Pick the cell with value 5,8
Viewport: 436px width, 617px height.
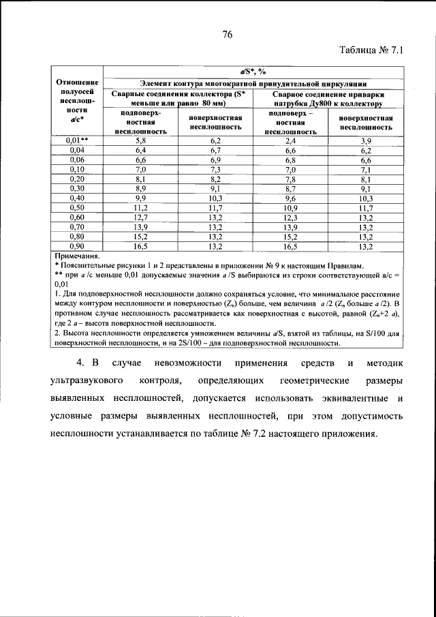[x=140, y=140]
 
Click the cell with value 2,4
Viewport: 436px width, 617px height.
[x=290, y=140]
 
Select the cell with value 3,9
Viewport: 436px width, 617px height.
[x=366, y=140]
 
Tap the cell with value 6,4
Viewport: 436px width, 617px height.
[x=140, y=149]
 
